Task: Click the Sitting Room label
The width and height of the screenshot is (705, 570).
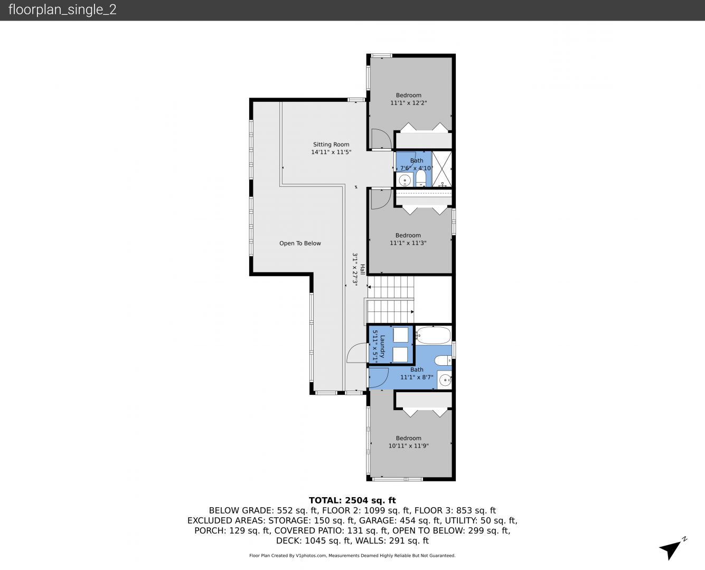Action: click(331, 145)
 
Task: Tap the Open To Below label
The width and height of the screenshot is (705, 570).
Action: click(300, 243)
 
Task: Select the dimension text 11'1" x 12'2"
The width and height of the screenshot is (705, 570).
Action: click(408, 103)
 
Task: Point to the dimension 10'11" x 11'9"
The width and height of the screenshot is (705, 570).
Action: click(408, 446)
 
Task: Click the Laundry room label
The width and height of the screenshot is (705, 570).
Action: click(382, 346)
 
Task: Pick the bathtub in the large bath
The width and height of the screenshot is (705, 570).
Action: click(433, 336)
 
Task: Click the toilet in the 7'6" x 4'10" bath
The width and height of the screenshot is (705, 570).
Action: click(421, 178)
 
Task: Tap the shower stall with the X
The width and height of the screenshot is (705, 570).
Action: click(442, 169)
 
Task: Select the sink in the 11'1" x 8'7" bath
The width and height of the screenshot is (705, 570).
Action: click(445, 380)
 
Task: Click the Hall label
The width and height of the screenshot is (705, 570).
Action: click(362, 269)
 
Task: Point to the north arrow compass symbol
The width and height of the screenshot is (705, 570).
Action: click(672, 549)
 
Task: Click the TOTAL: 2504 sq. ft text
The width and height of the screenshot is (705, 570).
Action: click(352, 500)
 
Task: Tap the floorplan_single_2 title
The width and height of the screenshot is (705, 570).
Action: click(62, 9)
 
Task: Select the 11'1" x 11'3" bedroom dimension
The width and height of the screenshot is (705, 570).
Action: click(408, 243)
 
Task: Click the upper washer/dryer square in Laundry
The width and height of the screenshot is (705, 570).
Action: click(400, 335)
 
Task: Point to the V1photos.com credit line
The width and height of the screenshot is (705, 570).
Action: click(352, 556)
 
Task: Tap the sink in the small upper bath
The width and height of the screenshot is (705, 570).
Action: click(405, 180)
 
